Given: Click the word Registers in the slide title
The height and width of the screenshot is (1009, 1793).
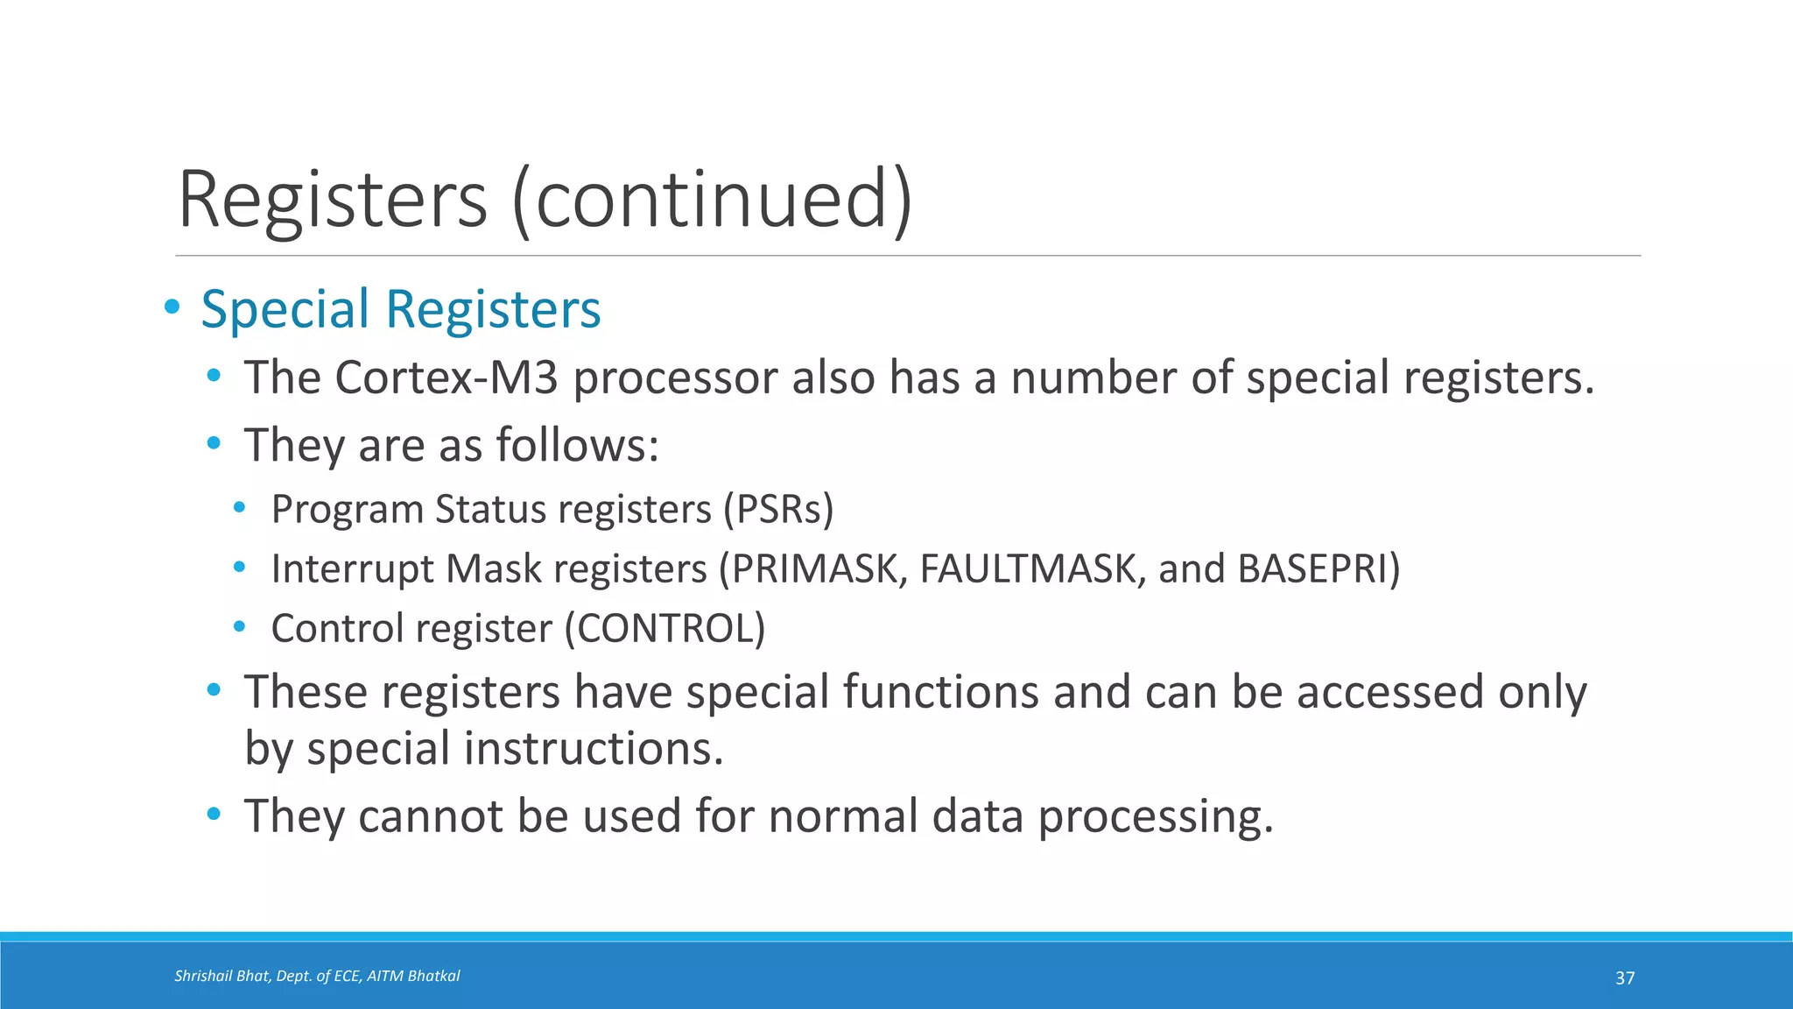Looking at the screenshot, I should [333, 200].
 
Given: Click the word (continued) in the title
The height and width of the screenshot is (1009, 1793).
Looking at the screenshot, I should [712, 200].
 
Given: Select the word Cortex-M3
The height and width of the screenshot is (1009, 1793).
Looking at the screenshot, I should [446, 377].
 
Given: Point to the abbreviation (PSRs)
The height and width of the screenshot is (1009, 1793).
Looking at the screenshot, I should [778, 509].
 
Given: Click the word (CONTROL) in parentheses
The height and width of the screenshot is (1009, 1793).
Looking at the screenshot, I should [665, 628].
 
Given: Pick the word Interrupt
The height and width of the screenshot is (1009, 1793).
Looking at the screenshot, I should [352, 568].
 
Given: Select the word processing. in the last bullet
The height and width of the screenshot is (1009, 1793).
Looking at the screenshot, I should [1156, 816].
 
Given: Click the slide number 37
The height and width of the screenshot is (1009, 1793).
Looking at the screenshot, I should [1625, 978].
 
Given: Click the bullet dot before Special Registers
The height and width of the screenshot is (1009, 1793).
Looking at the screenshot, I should [172, 307].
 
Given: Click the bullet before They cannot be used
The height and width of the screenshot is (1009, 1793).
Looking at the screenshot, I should [214, 815].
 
